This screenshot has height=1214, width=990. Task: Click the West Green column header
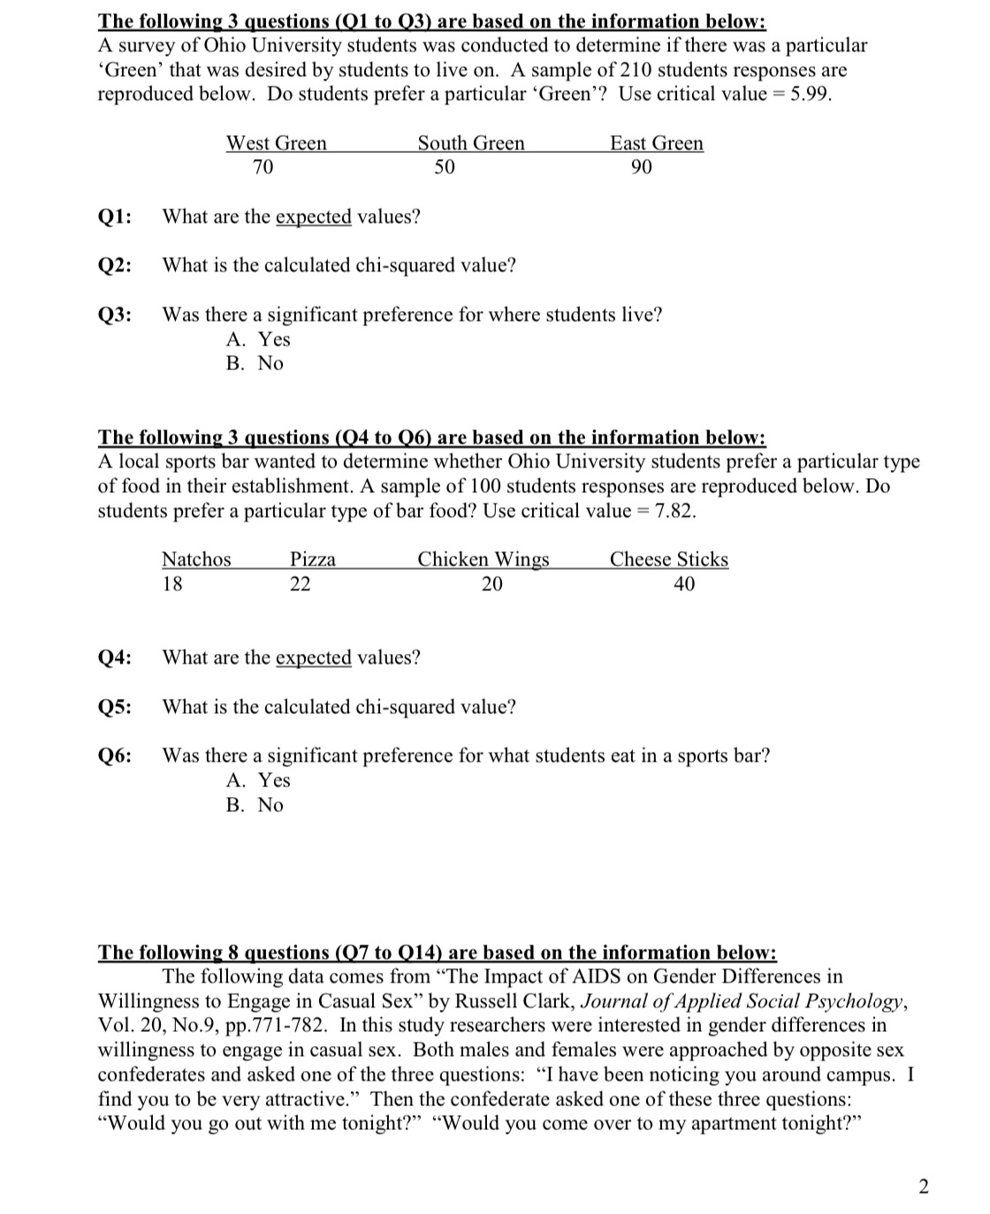(276, 143)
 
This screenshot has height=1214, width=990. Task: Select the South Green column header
(470, 143)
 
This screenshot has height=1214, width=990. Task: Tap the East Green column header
(656, 143)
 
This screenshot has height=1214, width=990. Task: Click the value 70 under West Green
(263, 167)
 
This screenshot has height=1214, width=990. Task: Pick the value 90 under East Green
(642, 167)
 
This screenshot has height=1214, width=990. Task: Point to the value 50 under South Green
(445, 167)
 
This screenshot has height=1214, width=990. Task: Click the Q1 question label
(115, 216)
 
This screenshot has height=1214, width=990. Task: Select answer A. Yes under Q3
(258, 339)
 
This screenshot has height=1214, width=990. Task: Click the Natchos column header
(195, 559)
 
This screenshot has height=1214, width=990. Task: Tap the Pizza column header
(313, 559)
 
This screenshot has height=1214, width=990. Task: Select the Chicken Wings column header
(483, 559)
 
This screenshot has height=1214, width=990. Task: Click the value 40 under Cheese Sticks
(683, 584)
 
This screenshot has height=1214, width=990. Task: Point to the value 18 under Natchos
(172, 584)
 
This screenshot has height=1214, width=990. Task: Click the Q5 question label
(115, 707)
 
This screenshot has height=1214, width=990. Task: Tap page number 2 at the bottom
(924, 1187)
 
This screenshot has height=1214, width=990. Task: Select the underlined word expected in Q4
(313, 657)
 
